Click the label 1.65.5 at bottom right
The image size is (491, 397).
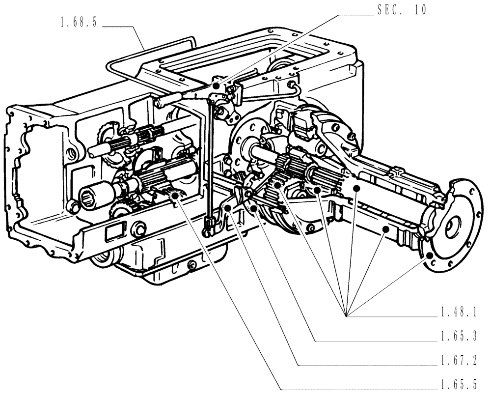click(459, 385)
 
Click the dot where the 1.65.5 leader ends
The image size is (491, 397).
click(174, 196)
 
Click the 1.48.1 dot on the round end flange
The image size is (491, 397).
click(431, 255)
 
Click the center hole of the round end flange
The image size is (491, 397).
click(451, 227)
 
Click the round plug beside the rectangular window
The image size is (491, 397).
click(138, 228)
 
